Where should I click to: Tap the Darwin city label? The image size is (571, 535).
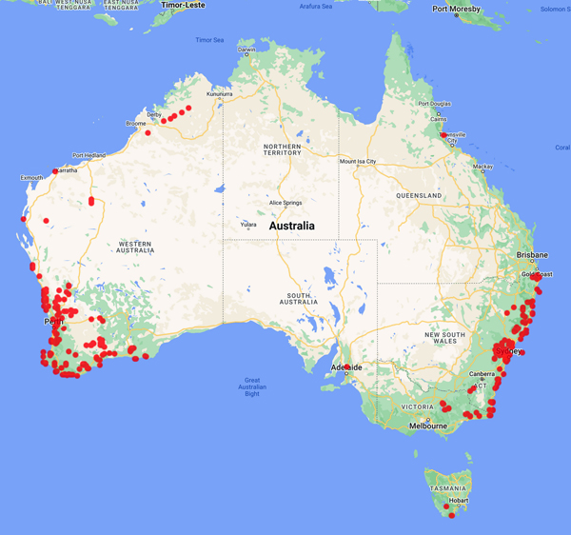click(x=246, y=49)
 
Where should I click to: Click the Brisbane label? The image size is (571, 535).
click(x=532, y=255)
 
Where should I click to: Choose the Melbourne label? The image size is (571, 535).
click(x=427, y=426)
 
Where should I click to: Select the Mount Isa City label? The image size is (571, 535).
click(x=358, y=162)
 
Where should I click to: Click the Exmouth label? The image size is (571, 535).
click(x=31, y=177)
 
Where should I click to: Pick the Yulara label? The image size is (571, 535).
click(x=247, y=225)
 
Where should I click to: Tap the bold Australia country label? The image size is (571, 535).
click(x=292, y=227)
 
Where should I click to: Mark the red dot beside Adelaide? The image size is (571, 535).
click(x=346, y=367)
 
